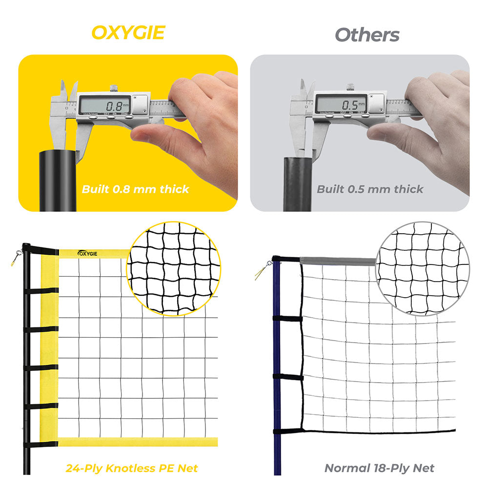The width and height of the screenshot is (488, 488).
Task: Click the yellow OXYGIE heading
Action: [x=128, y=33]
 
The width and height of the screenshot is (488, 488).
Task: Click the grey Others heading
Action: [x=367, y=35]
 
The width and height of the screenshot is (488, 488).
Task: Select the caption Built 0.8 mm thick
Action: [x=135, y=189]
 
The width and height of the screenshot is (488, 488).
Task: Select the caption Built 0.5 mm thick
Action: [x=370, y=189]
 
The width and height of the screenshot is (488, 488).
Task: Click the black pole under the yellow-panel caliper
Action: [x=58, y=181]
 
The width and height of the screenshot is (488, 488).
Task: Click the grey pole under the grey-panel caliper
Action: [x=297, y=183]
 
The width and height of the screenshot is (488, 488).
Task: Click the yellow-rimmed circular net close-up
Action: [x=173, y=268]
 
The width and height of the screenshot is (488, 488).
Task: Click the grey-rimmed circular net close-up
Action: [x=422, y=268]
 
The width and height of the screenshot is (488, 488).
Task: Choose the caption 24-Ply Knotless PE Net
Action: [x=132, y=468]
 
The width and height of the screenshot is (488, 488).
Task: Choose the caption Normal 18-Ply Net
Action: [x=379, y=468]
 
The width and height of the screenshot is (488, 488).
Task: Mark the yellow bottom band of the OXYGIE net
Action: [x=137, y=442]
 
